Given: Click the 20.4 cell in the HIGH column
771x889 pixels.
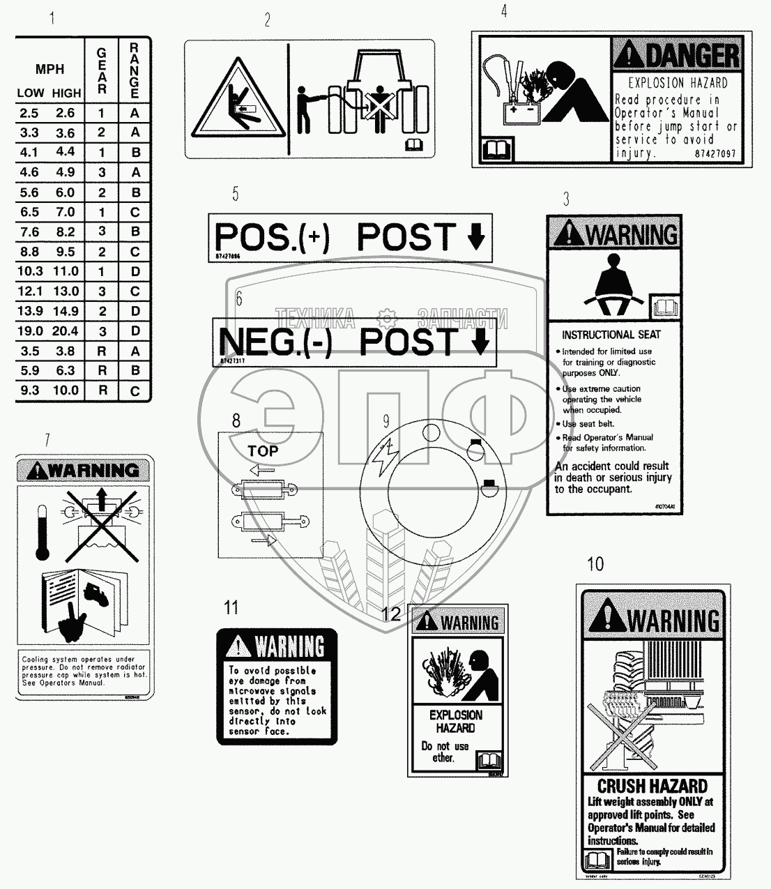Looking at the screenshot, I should (x=66, y=331).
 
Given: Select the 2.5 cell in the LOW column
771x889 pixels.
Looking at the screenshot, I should (x=29, y=113).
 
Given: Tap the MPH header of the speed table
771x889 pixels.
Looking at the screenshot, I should (x=49, y=69).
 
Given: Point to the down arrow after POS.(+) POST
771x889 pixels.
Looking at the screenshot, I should (x=475, y=238).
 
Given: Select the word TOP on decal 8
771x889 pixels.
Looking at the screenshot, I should (x=263, y=451).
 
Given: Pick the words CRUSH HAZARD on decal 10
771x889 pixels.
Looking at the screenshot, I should (x=652, y=787).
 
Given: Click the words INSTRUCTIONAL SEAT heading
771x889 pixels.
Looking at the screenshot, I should (x=611, y=335).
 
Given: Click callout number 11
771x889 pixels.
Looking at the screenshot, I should (x=231, y=607).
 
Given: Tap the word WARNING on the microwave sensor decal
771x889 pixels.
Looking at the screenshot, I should (x=289, y=646).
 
